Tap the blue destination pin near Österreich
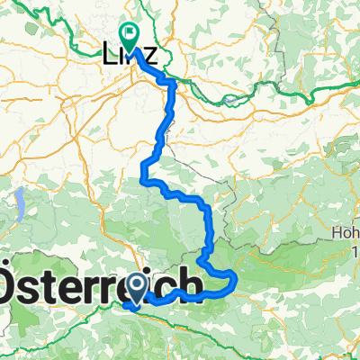point(137,288)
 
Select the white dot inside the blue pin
point(137,285)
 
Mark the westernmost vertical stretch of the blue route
point(143,171)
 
